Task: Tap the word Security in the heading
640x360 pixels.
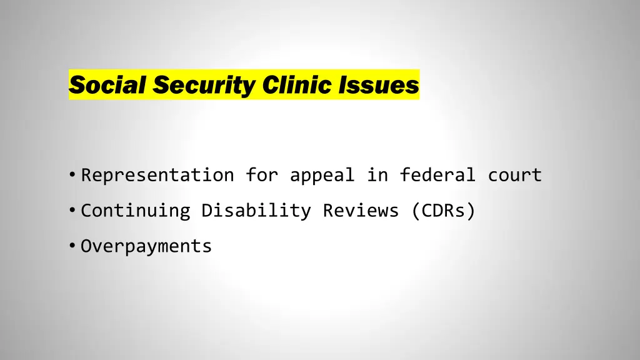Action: (203, 85)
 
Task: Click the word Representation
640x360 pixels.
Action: (157, 175)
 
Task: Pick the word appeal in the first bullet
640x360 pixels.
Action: (321, 176)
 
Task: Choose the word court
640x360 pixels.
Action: (514, 175)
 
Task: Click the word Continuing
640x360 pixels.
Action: (136, 211)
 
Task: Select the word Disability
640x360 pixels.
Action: (256, 211)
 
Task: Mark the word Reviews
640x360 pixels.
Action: (361, 211)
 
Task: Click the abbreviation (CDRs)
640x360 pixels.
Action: (443, 211)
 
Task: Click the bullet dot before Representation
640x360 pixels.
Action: (73, 176)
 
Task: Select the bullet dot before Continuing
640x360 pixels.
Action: (73, 211)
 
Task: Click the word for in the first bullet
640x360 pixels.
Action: (261, 175)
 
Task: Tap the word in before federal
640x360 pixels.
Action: (377, 175)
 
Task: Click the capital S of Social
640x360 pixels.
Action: (75, 85)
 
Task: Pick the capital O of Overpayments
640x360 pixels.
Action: (86, 246)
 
